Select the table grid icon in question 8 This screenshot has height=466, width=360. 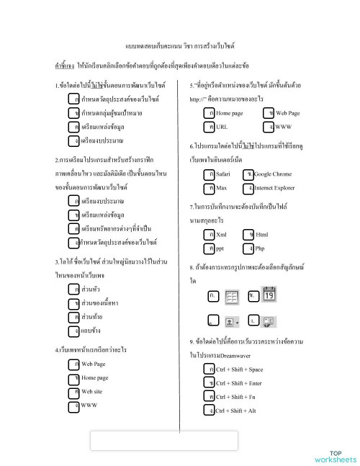[x=232, y=297]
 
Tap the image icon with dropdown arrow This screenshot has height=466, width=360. [x=233, y=321]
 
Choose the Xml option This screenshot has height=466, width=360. [x=221, y=235]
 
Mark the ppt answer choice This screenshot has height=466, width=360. [x=220, y=248]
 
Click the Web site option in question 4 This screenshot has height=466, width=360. [x=91, y=391]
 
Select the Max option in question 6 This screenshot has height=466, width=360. [x=221, y=188]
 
